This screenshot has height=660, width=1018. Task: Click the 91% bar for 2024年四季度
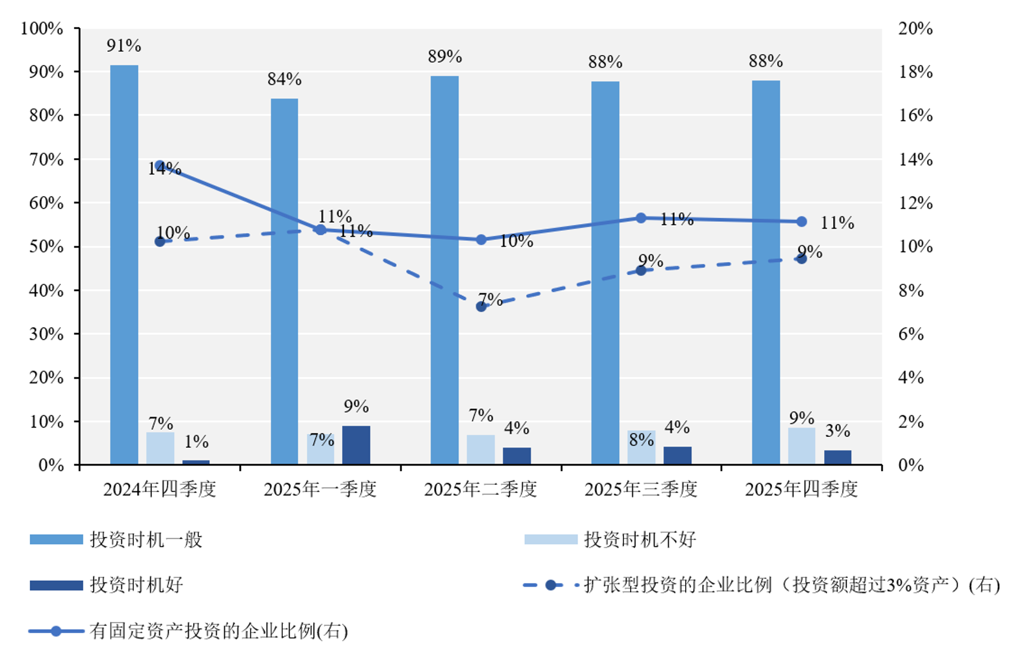point(124,264)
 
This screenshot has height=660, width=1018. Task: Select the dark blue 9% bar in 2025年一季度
point(356,445)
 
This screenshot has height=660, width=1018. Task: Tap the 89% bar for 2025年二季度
point(444,270)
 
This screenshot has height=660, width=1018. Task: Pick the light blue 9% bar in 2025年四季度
point(801,446)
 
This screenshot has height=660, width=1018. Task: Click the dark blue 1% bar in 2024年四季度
point(196,462)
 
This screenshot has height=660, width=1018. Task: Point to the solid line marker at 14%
point(160,166)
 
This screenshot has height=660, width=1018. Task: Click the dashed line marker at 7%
point(481,306)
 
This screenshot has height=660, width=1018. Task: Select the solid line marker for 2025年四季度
point(802,221)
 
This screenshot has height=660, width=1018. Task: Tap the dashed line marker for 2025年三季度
point(641,270)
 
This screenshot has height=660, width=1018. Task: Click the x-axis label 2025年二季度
point(480,489)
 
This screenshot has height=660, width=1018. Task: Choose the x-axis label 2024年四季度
point(160,489)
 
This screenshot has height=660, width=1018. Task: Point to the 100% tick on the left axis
point(42,28)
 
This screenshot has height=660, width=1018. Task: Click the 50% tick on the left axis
point(46,246)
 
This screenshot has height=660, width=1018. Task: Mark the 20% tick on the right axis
point(916,28)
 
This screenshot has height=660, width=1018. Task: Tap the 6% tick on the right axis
point(911,334)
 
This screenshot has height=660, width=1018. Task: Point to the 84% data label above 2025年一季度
point(284,79)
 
